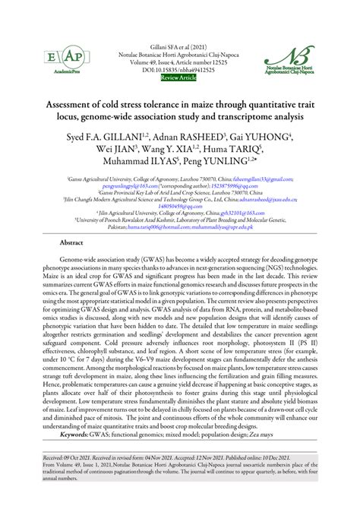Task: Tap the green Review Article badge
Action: pyautogui.click(x=180, y=77)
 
